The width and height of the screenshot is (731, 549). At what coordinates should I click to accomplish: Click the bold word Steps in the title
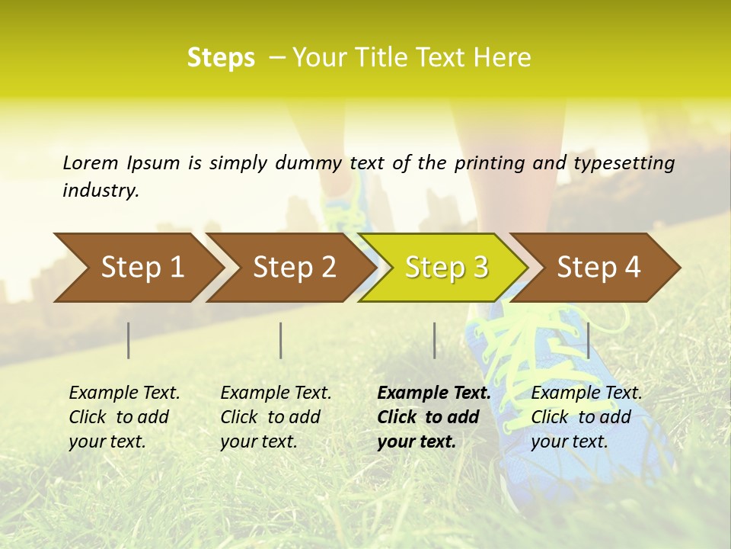(x=221, y=58)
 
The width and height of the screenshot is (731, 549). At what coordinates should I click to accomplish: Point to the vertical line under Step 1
(x=129, y=340)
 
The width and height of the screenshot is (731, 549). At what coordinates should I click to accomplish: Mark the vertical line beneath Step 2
(x=281, y=340)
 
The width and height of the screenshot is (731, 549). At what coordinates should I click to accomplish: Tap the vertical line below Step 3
(x=434, y=340)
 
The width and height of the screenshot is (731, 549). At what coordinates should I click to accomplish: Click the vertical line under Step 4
(x=588, y=340)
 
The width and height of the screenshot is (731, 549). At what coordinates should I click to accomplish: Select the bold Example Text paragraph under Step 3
(x=433, y=417)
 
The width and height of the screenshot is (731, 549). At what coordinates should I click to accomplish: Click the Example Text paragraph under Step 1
(x=124, y=417)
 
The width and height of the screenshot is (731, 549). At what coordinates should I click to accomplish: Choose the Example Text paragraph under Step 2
(x=276, y=417)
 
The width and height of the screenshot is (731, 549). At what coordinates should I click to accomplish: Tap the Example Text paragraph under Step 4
(x=586, y=417)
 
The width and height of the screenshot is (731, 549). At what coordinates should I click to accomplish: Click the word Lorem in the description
(x=91, y=162)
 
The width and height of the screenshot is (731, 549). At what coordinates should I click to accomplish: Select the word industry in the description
(x=100, y=191)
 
